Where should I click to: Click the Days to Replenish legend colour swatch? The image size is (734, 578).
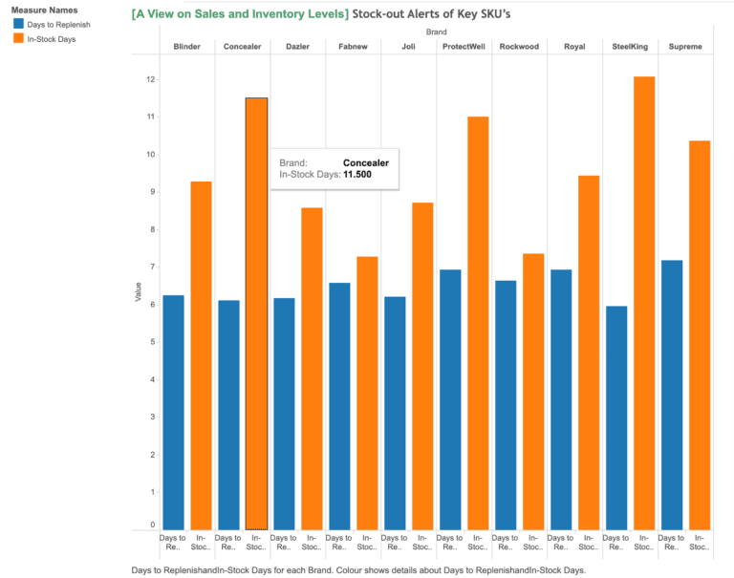pyautogui.click(x=19, y=23)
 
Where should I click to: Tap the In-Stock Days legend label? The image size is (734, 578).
pyautogui.click(x=53, y=39)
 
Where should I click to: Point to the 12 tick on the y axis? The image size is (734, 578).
pyautogui.click(x=150, y=79)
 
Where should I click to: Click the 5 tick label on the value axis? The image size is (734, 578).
pyautogui.click(x=151, y=342)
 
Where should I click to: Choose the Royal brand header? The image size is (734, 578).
pyautogui.click(x=574, y=47)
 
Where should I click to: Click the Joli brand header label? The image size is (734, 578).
pyautogui.click(x=408, y=47)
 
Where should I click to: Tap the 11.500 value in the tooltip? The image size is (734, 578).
pyautogui.click(x=356, y=175)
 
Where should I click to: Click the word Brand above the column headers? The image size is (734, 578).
pyautogui.click(x=436, y=32)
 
